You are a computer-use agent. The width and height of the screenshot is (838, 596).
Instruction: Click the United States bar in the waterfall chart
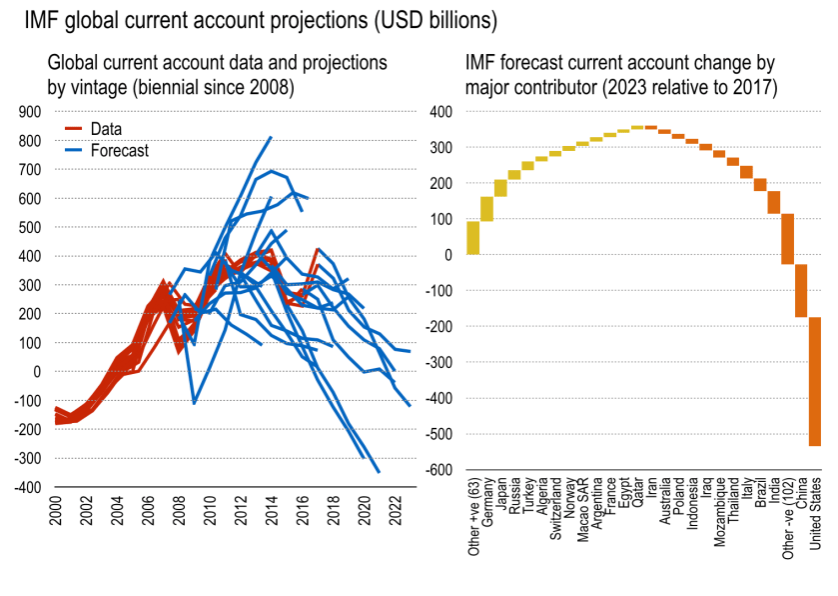(x=814, y=381)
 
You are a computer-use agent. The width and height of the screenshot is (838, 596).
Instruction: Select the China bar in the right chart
(x=800, y=290)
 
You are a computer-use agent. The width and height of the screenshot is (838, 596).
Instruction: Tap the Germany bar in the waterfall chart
(x=486, y=208)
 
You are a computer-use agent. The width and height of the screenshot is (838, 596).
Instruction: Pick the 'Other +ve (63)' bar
(x=473, y=237)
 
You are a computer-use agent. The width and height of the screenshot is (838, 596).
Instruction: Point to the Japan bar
(x=500, y=188)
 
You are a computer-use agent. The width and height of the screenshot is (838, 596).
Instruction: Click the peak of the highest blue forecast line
(x=271, y=137)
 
